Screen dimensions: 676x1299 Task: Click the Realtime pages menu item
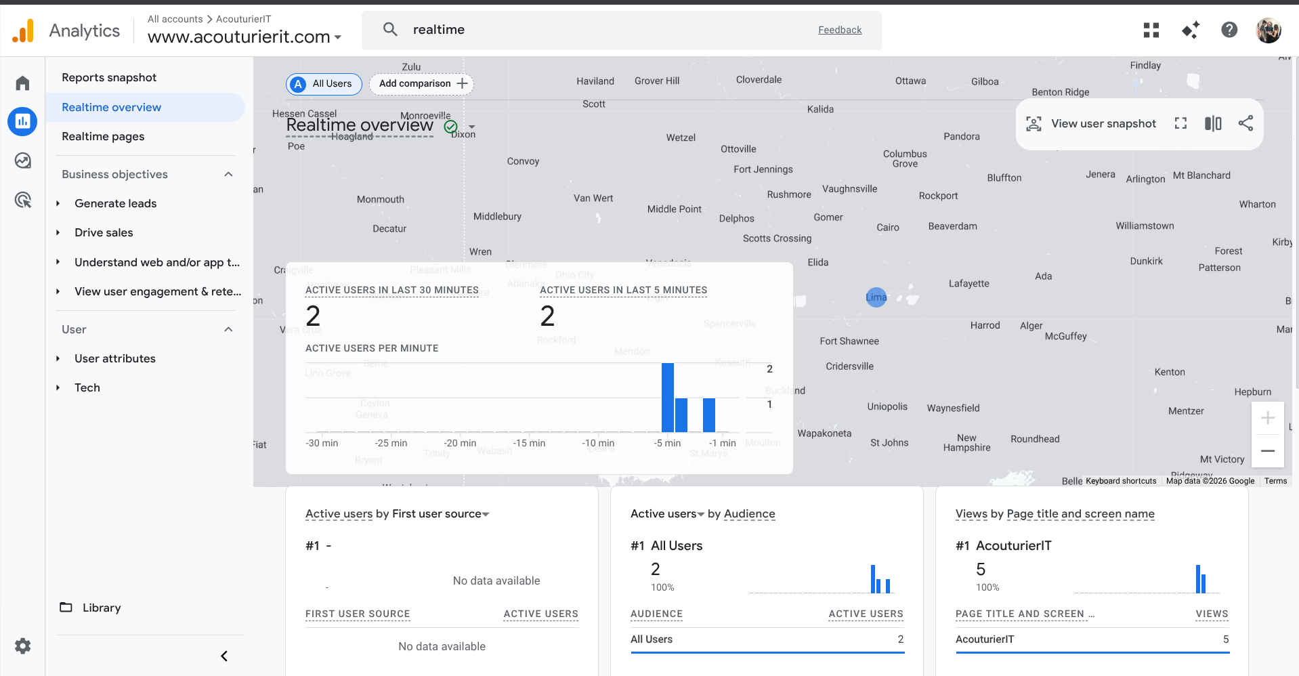103,136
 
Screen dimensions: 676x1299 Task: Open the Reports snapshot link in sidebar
109,77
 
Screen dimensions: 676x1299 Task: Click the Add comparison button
422,83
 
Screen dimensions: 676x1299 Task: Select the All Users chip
324,83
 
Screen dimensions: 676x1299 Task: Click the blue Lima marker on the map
876,297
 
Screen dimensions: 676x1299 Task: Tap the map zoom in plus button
1267,419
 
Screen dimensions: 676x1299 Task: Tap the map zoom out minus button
1267,450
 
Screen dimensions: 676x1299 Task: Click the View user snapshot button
1092,123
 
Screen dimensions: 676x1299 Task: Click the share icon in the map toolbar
1245,123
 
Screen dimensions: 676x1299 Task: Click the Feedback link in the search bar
839,30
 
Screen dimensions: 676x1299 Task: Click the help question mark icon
1229,30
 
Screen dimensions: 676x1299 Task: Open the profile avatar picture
1268,30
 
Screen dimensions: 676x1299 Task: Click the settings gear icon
23,646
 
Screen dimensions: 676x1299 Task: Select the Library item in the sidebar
101,608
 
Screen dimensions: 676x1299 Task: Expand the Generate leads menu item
115,203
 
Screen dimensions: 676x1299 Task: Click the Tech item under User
87,387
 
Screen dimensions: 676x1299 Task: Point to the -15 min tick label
529,443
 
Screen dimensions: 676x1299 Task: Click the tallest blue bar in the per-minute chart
667,398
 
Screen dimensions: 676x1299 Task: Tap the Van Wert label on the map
593,198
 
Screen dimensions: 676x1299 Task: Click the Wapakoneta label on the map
824,434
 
